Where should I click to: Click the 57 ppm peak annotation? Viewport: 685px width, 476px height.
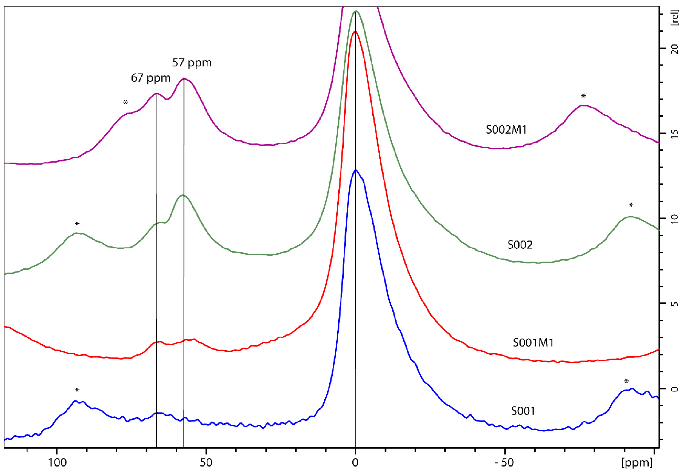tap(192, 63)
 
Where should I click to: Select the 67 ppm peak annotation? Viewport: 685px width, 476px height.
tap(151, 78)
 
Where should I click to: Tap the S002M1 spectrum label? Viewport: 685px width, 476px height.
tap(506, 130)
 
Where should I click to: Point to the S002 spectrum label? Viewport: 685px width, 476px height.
tap(520, 245)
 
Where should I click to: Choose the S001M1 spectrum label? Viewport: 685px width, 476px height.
tap(533, 343)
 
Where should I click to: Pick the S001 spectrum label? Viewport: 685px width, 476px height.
tap(523, 411)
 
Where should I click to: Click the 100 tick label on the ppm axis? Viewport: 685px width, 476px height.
tap(57, 463)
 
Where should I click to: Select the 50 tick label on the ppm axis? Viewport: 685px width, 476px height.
tap(206, 463)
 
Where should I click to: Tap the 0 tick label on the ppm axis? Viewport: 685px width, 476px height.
tap(355, 463)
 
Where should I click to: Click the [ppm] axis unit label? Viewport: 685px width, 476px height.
tap(636, 463)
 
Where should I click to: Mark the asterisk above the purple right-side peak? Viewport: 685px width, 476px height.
tap(583, 96)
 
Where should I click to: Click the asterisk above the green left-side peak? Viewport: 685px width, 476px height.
tap(77, 224)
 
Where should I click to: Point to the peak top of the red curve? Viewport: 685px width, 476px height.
tap(355, 32)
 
